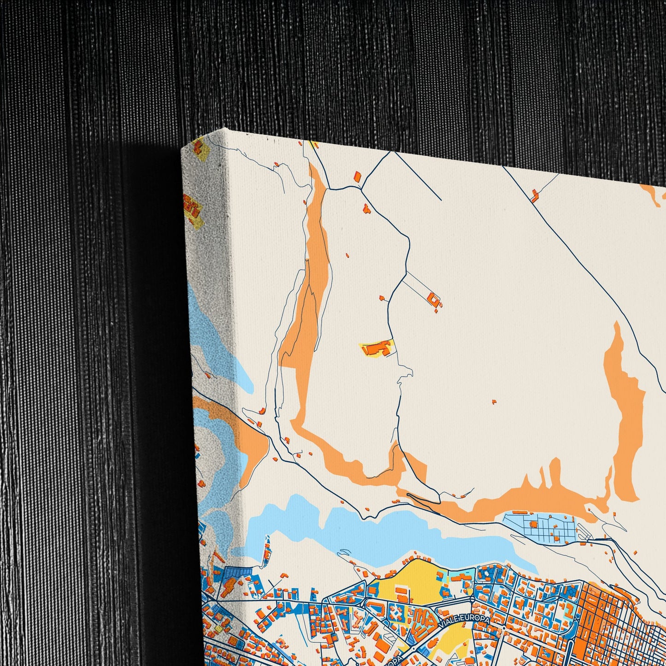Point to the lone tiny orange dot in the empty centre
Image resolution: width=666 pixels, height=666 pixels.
click(494, 401)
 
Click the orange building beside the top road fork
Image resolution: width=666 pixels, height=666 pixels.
click(357, 176)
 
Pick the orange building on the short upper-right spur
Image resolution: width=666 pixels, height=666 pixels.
click(534, 197)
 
